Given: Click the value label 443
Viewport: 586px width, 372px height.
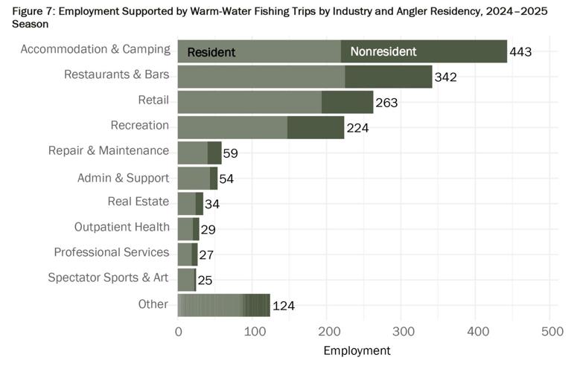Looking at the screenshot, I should [521, 52].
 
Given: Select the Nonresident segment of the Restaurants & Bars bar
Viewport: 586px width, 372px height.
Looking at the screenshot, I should [389, 77].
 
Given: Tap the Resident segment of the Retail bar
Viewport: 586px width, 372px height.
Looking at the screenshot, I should [249, 102].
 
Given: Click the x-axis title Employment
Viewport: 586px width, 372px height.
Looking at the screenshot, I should [357, 350].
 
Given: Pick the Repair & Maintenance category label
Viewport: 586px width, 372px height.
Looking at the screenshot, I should [109, 150].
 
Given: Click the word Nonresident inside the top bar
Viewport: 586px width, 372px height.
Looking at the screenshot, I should [383, 52].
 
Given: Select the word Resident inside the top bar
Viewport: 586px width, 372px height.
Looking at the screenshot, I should [211, 53].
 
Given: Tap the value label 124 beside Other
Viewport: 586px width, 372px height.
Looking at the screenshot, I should [284, 306].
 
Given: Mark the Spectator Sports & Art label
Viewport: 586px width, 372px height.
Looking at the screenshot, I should [109, 278].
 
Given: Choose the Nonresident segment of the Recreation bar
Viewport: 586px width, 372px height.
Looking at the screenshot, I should [316, 127].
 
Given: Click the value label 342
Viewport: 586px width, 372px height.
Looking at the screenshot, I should [445, 77].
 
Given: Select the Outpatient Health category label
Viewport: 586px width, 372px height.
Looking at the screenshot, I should [122, 227].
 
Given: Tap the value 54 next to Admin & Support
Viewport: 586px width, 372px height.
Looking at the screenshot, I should [226, 179].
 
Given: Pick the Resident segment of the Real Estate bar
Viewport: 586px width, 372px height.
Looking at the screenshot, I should [186, 203].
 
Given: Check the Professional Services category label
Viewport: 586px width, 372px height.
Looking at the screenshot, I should [112, 252].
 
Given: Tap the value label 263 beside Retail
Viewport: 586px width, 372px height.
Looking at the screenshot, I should [386, 103].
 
